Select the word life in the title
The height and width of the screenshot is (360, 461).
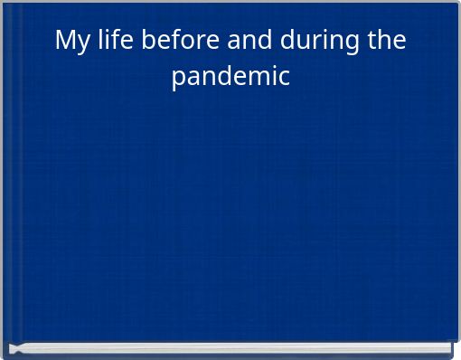tap(117, 41)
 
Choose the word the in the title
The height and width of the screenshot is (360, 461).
tap(384, 41)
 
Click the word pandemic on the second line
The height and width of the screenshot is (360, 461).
tap(231, 76)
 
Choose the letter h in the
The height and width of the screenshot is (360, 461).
tap(383, 41)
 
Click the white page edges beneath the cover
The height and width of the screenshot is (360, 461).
tap(230, 348)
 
